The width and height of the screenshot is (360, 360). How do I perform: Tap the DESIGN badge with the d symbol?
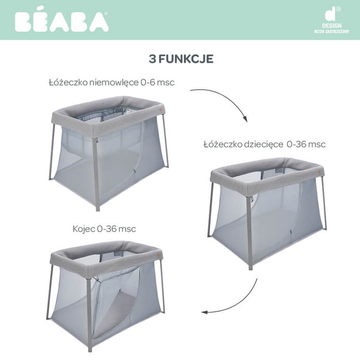[x=332, y=20]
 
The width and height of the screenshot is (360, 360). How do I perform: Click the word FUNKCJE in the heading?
[x=186, y=59]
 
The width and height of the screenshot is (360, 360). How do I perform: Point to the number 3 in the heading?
[x=152, y=59]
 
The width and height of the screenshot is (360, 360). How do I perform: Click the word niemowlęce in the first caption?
[x=114, y=82]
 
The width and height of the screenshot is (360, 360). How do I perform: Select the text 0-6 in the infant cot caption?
[x=148, y=82]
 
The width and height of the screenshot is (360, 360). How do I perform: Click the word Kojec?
[x=84, y=229]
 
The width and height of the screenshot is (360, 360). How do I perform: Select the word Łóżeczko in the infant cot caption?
[x=68, y=82]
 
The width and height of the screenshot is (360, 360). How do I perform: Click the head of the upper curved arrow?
[x=245, y=119]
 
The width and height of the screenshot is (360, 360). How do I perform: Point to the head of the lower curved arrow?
[x=205, y=312]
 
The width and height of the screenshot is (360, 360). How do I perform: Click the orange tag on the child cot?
[x=319, y=172]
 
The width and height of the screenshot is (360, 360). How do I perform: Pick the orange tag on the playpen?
[x=157, y=255]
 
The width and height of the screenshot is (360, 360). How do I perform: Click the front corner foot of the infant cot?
[x=98, y=209]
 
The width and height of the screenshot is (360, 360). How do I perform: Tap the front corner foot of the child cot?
[x=250, y=267]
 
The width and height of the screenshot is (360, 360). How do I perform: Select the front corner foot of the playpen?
[x=90, y=350]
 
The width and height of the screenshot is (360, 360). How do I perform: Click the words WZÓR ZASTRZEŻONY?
[x=332, y=32]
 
